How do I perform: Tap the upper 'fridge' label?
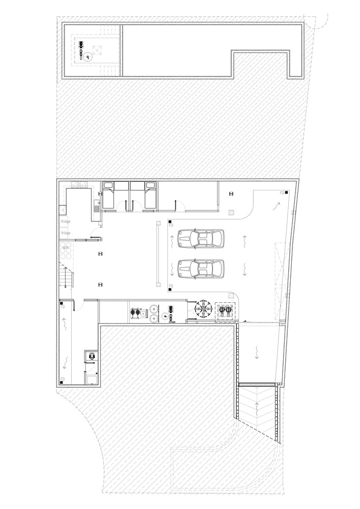pos(66,221)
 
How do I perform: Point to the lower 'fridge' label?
pos(66,233)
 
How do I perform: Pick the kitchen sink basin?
pos(96,207)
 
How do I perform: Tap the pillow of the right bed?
pos(151,186)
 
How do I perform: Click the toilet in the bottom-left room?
pos(92,356)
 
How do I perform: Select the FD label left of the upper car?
pos(171,225)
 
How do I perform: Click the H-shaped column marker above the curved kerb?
pos(231,193)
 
